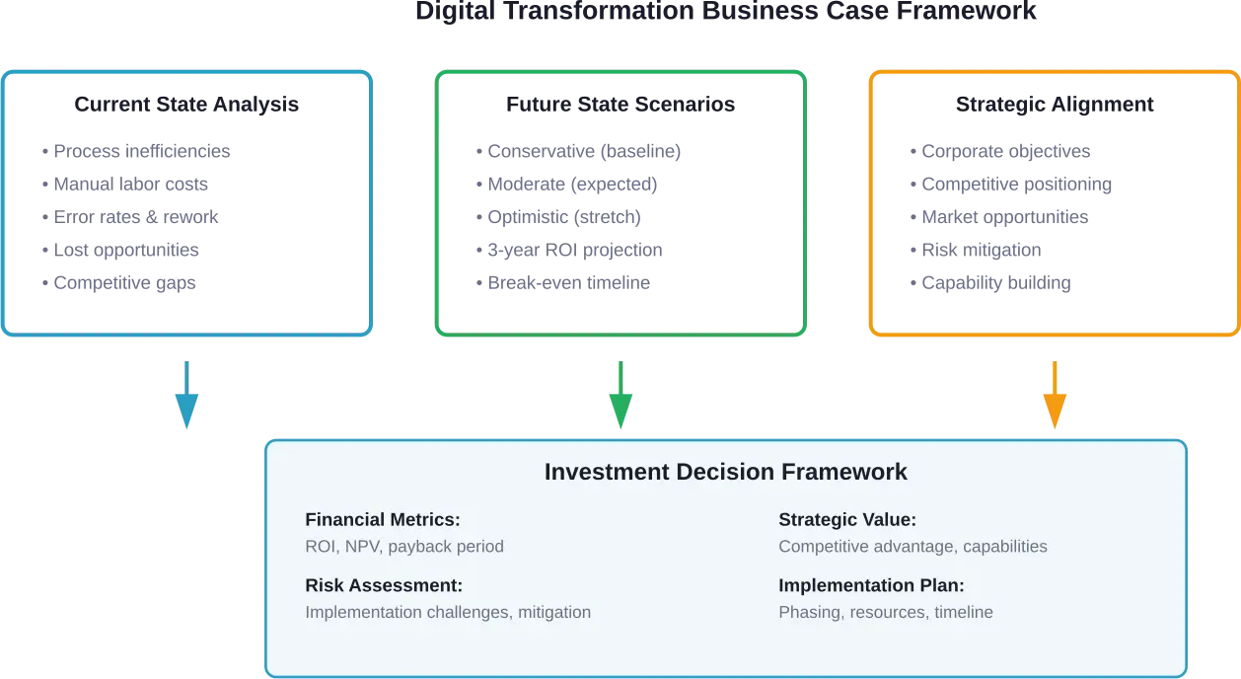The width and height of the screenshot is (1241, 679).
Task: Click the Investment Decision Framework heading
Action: point(725,472)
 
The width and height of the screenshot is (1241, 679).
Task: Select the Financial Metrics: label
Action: point(383,520)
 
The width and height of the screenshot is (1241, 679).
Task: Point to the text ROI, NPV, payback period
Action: point(404,547)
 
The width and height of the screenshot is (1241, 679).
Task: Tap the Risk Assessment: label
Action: point(384,585)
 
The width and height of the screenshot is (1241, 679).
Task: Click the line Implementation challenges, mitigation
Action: point(448,612)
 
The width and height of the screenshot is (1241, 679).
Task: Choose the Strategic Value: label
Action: point(847,520)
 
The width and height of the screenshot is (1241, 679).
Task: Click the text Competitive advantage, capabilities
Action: point(912,547)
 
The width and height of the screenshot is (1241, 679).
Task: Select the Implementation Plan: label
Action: point(871,585)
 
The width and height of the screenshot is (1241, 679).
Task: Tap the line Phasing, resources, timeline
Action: point(885,612)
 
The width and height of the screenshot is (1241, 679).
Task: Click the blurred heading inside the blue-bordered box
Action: point(185,107)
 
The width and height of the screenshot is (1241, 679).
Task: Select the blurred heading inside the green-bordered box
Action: point(620,107)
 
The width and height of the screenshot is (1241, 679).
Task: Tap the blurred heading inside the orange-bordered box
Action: point(1056,107)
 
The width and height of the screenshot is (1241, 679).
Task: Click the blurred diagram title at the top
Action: point(725,13)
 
